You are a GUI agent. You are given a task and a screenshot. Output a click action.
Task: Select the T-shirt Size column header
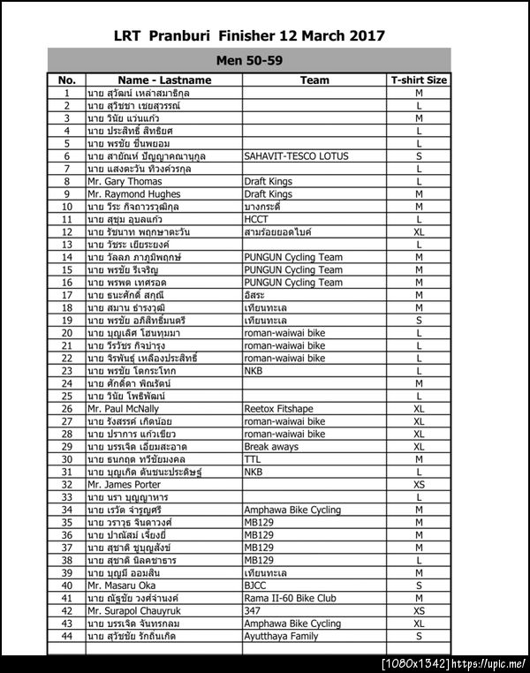(419, 79)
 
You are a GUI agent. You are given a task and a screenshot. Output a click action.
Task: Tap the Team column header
(314, 79)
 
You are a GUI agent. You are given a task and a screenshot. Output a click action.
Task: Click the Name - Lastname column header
(163, 79)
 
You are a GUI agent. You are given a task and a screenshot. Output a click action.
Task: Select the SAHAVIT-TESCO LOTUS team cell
(296, 155)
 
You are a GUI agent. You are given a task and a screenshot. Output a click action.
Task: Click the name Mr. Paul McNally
(123, 409)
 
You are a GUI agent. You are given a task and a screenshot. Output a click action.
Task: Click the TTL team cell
(253, 459)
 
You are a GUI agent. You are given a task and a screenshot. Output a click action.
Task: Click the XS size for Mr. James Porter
(419, 485)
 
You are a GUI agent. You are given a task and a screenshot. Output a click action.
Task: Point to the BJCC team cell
(255, 586)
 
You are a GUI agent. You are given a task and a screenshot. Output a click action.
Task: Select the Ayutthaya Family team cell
(280, 636)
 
